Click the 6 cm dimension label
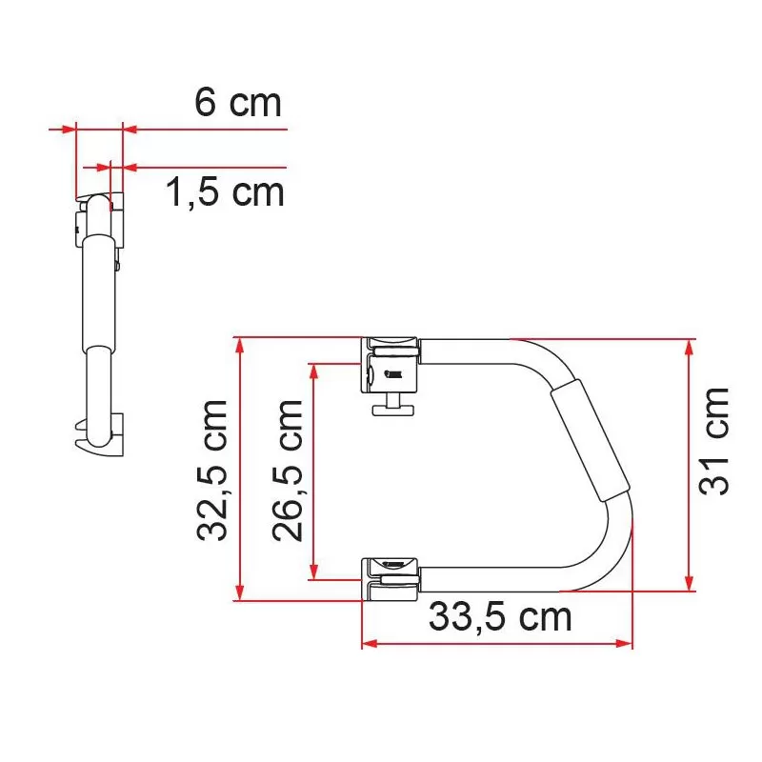(x=238, y=103)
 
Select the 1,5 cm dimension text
(x=225, y=192)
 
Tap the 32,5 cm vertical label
(x=213, y=471)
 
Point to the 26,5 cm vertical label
(x=289, y=471)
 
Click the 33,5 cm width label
(x=500, y=617)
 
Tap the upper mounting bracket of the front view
(x=391, y=365)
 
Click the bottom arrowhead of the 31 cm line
(x=689, y=583)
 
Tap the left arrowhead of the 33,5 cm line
(x=369, y=644)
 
